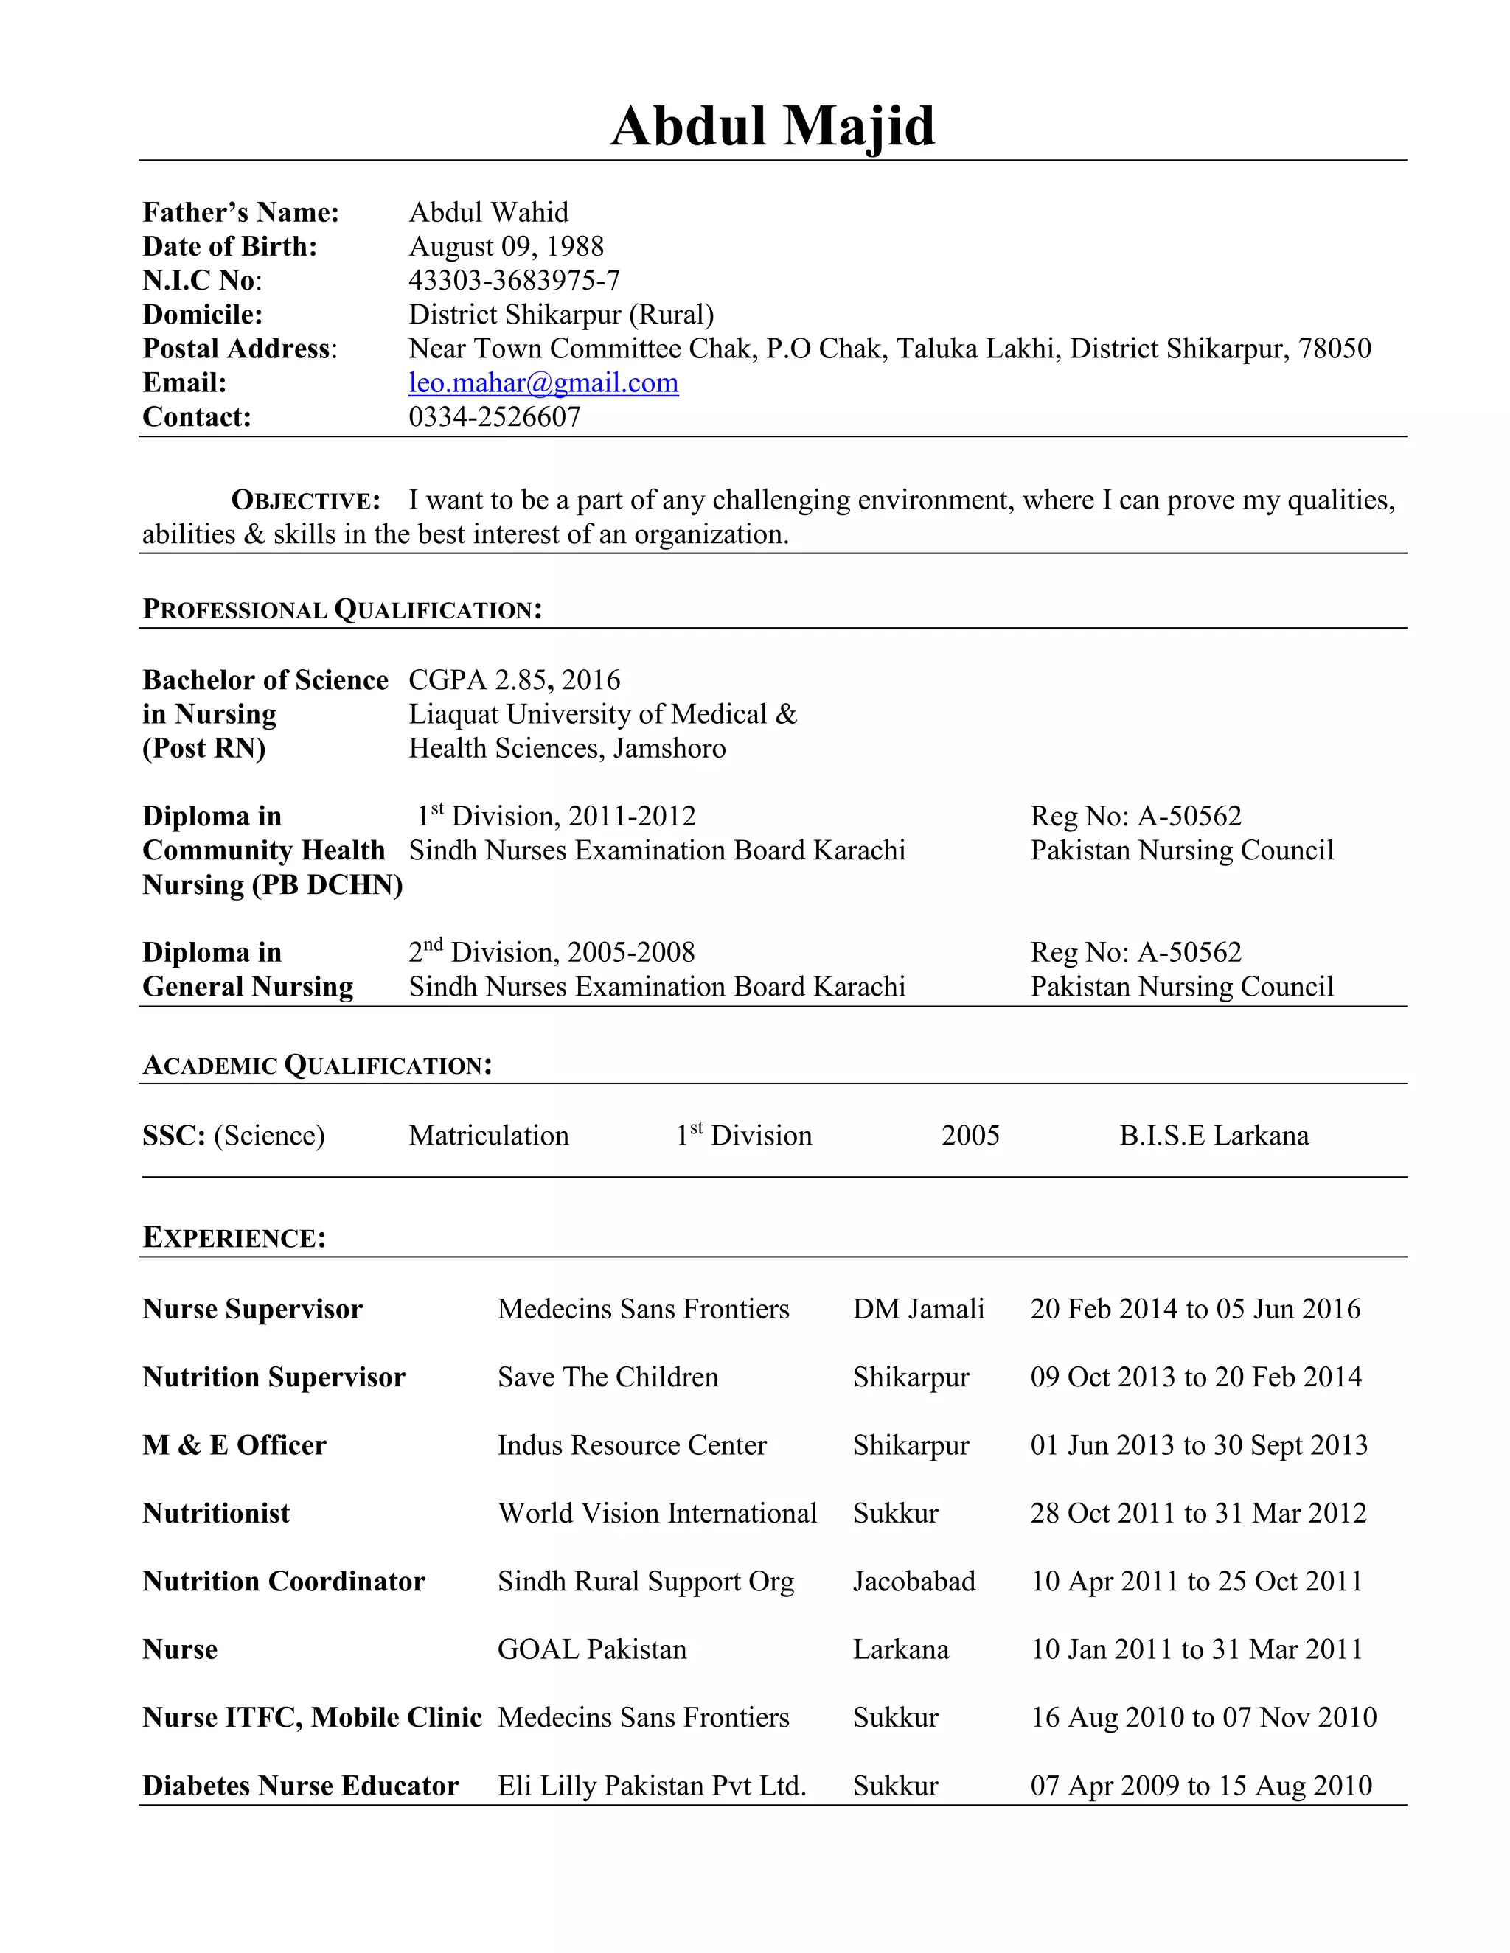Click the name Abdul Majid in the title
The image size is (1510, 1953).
click(x=772, y=126)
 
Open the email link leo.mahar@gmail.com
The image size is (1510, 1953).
click(x=543, y=382)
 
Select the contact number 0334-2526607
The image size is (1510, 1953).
click(x=494, y=416)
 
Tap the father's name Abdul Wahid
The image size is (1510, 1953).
click(x=487, y=213)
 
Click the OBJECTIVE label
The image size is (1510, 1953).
click(x=306, y=500)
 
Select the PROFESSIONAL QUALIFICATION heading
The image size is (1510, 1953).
click(x=341, y=610)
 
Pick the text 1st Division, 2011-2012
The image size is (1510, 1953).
click(x=555, y=817)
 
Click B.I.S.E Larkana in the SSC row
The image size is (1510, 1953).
click(x=1213, y=1136)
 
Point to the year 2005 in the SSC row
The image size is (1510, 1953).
click(x=970, y=1136)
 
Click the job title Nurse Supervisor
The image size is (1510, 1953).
click(x=252, y=1309)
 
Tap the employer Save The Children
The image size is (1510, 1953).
click(x=608, y=1377)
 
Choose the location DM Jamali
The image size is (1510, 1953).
click(x=918, y=1309)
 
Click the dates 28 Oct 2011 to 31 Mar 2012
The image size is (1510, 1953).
click(x=1198, y=1513)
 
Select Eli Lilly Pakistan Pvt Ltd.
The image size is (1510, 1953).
click(x=651, y=1786)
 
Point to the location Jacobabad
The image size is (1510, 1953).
click(x=914, y=1581)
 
